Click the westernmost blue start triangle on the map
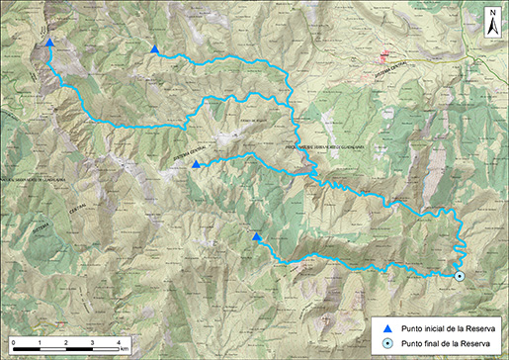(x=49, y=43)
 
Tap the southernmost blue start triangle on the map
(x=257, y=237)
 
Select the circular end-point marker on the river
(x=460, y=276)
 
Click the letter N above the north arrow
(x=491, y=13)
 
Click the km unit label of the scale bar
(x=127, y=348)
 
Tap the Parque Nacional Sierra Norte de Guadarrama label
(x=326, y=147)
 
